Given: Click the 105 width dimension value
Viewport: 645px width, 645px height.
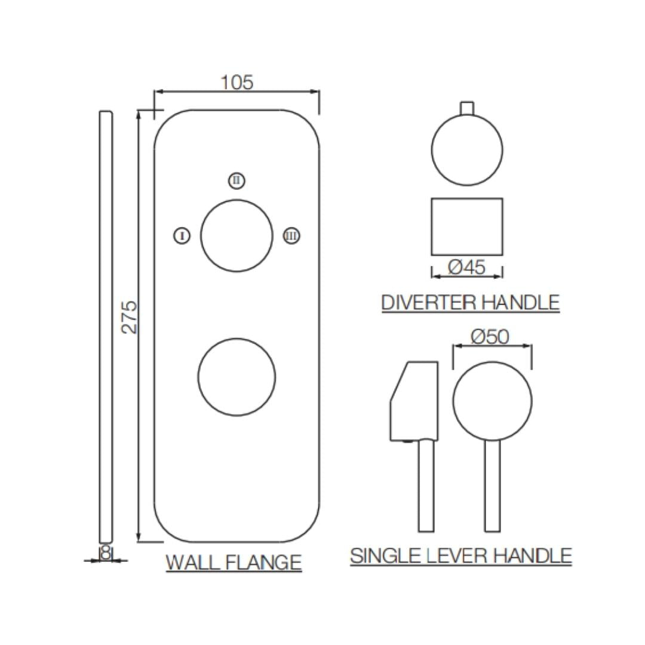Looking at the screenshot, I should [x=237, y=82].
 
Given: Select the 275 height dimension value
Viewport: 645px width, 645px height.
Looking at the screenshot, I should [x=129, y=317].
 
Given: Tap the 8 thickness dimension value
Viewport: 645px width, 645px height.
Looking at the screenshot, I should [x=106, y=554].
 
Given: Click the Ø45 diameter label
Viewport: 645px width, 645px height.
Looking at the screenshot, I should [x=466, y=267].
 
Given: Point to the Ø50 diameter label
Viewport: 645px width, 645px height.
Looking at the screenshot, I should [x=490, y=337].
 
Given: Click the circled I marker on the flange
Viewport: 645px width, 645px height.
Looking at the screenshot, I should [x=182, y=236].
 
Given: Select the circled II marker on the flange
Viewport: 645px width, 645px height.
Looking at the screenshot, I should [x=237, y=180].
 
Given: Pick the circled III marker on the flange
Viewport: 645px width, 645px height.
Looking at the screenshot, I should [x=291, y=236].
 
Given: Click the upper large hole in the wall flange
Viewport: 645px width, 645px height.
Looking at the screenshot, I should [x=236, y=236].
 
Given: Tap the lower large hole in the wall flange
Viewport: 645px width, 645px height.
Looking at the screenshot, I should [x=236, y=377].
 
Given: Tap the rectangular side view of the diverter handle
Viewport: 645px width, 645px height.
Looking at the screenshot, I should [x=467, y=227].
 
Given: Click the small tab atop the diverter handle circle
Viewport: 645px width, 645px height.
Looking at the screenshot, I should [x=467, y=107].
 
